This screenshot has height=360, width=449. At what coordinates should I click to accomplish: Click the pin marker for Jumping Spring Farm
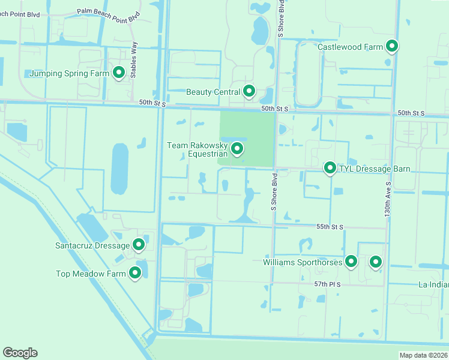118,73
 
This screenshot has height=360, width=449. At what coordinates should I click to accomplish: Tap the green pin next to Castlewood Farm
392,46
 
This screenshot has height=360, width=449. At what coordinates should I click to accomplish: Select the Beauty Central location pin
249,91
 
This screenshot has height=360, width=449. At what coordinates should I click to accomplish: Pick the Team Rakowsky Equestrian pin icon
237,148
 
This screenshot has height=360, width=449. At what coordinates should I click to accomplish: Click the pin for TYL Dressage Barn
330,168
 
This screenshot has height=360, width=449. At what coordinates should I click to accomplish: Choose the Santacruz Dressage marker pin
139,244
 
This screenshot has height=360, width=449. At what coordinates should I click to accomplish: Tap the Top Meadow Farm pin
135,273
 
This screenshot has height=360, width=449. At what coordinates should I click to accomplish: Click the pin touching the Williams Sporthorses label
351,261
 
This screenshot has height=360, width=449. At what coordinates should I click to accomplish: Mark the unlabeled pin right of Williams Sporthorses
376,261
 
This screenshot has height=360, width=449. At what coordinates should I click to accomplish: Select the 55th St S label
330,227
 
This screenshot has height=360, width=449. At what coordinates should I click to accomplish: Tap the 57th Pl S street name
328,284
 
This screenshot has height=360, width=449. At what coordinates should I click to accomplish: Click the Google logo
20,353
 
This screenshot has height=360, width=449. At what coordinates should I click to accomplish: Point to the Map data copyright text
424,355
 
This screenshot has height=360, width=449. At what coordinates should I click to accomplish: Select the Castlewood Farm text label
350,46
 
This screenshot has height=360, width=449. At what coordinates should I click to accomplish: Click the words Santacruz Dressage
92,245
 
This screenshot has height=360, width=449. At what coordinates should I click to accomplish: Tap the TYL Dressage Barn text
375,169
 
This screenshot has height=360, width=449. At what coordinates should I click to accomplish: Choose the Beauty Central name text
213,92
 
